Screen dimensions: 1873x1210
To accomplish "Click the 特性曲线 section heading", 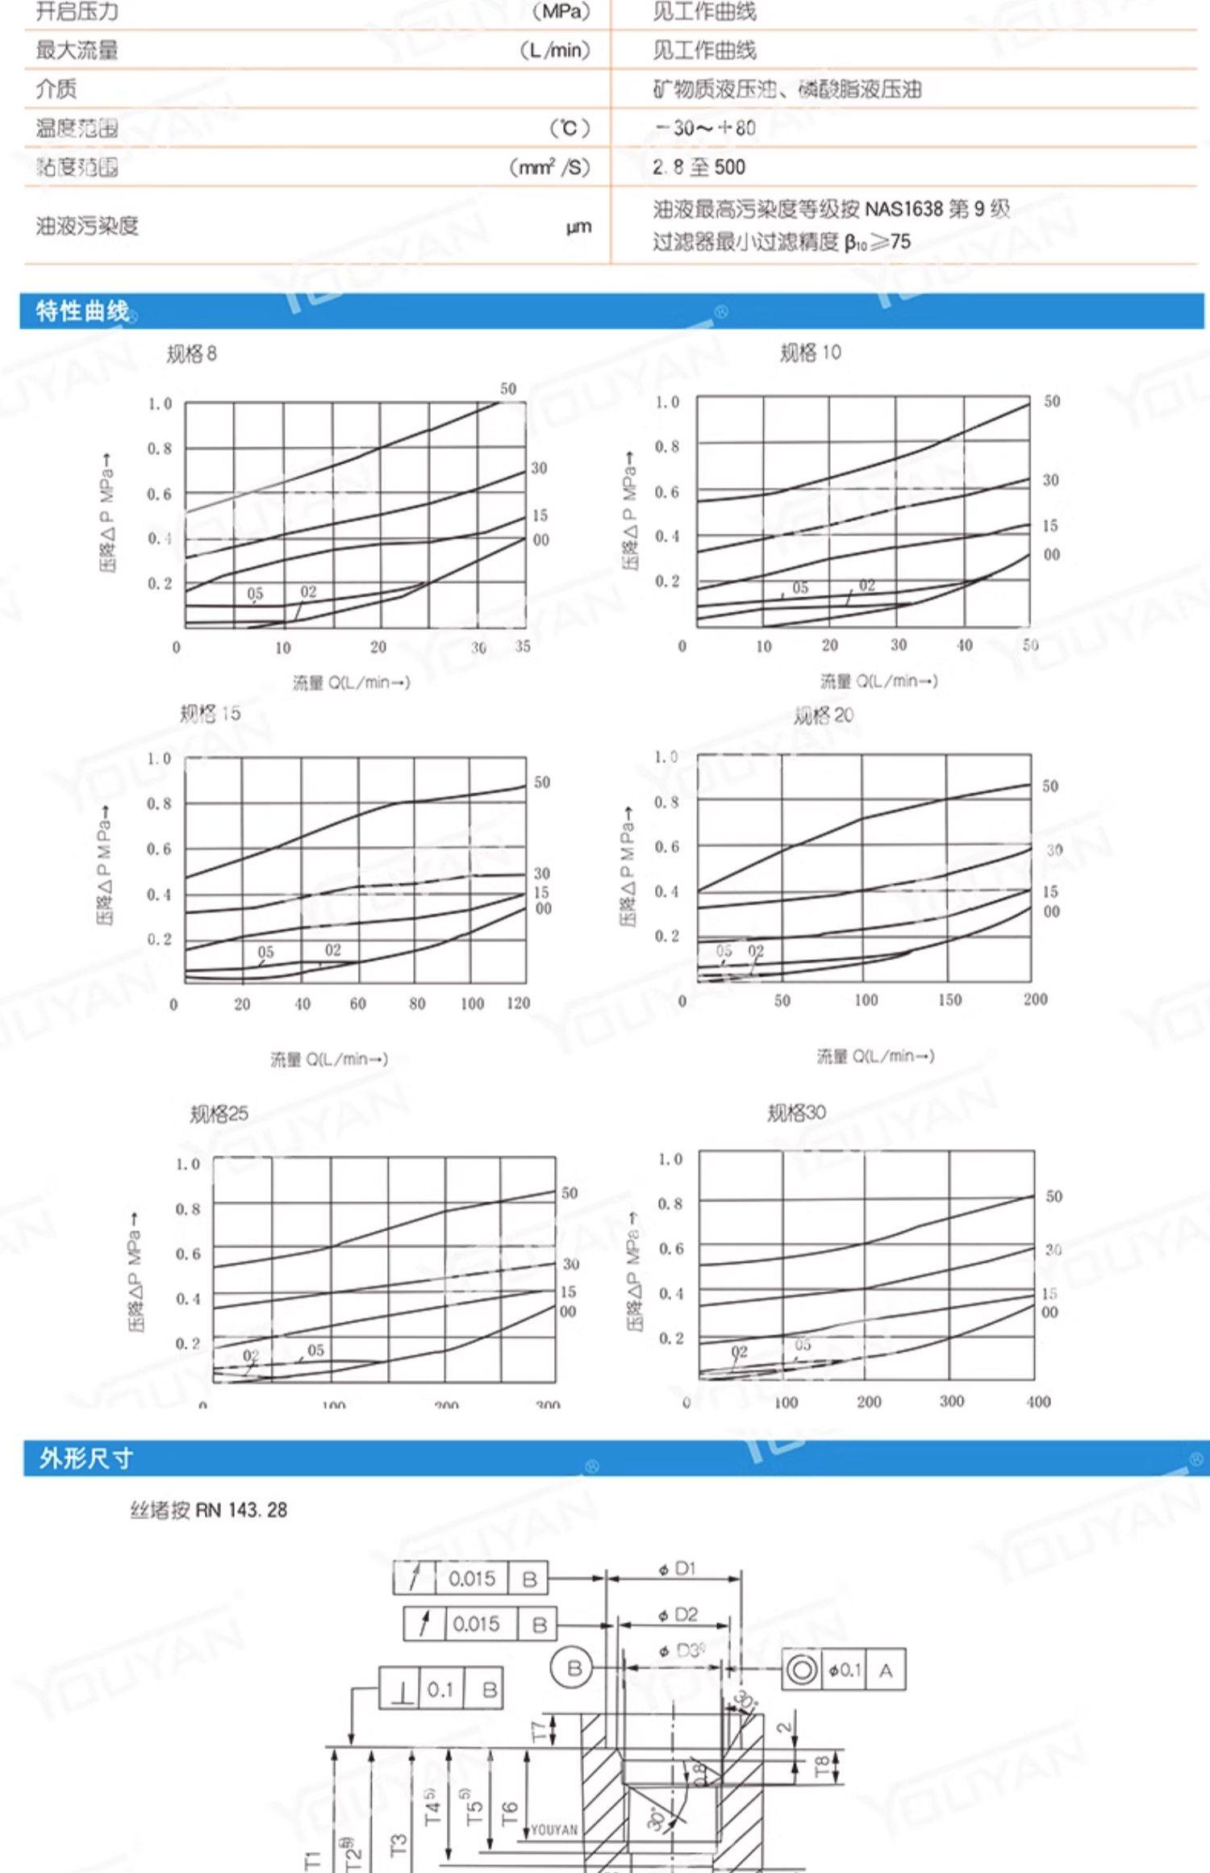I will pyautogui.click(x=82, y=311).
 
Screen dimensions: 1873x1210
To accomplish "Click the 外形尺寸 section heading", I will pyautogui.click(x=86, y=1458).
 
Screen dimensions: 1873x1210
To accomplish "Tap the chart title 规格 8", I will pyautogui.click(x=191, y=354).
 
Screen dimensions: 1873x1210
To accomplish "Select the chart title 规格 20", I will pyautogui.click(x=823, y=715).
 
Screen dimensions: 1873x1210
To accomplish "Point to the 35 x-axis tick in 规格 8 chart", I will pyautogui.click(x=523, y=646).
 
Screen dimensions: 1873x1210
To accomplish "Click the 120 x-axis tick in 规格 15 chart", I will pyautogui.click(x=518, y=1003).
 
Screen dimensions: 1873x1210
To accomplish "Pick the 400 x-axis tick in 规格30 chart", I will pyautogui.click(x=1038, y=1402).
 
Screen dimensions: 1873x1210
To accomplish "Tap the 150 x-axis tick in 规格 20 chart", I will pyautogui.click(x=949, y=999).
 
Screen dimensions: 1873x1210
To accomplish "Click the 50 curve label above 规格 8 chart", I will pyautogui.click(x=508, y=389).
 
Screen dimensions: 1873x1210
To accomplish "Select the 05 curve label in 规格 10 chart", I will pyautogui.click(x=800, y=588).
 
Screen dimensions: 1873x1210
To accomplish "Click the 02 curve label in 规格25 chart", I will pyautogui.click(x=251, y=1357).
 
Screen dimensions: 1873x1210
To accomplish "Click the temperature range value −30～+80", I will pyautogui.click(x=704, y=128).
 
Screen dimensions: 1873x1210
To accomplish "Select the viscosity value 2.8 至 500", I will pyautogui.click(x=699, y=168).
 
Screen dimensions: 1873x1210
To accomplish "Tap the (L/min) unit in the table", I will pyautogui.click(x=555, y=51).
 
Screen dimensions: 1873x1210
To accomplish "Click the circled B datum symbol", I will pyautogui.click(x=574, y=1667).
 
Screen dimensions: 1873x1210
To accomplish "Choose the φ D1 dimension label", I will pyautogui.click(x=676, y=1569).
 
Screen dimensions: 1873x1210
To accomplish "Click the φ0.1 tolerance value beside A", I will pyautogui.click(x=844, y=1670).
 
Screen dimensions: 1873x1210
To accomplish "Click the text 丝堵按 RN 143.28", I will pyautogui.click(x=208, y=1510).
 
